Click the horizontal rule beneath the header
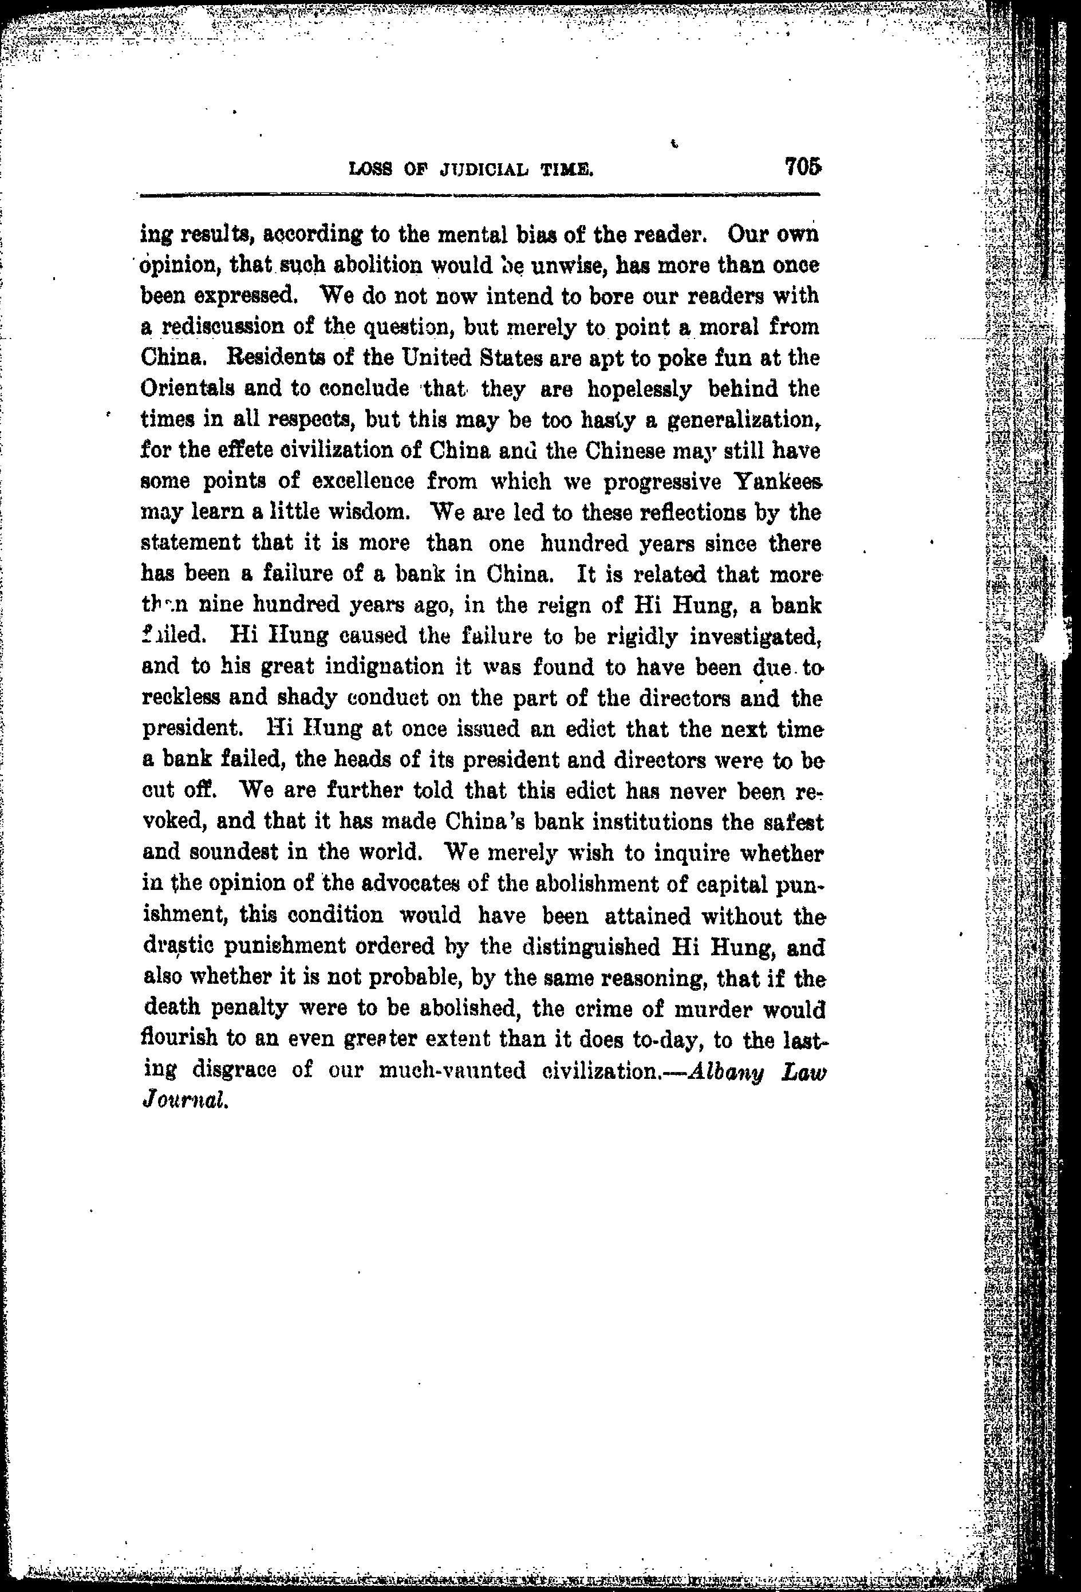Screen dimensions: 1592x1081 pos(480,196)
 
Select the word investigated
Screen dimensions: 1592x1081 pos(756,636)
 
